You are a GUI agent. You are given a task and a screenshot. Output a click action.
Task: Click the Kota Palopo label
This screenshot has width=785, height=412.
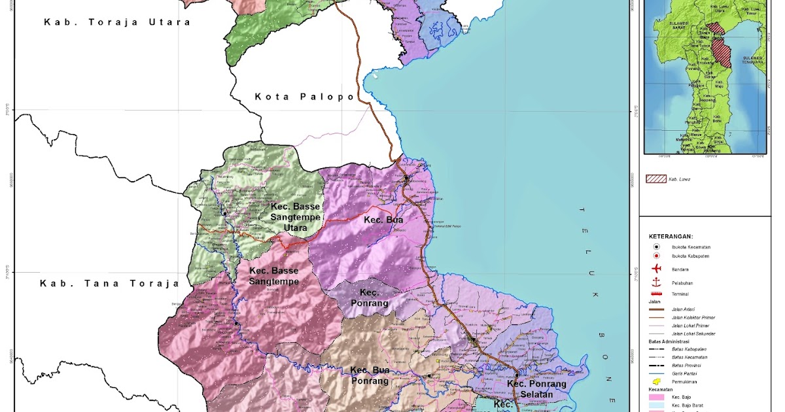click(304, 97)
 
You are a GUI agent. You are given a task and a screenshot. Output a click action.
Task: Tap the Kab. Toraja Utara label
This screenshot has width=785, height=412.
click(117, 22)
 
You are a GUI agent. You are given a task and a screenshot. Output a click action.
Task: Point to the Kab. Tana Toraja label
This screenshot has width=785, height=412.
click(109, 284)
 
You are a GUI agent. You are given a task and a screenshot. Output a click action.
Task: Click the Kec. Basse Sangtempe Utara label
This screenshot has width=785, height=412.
click(296, 216)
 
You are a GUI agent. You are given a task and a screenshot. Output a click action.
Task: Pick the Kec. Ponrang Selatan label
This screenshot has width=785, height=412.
click(536, 389)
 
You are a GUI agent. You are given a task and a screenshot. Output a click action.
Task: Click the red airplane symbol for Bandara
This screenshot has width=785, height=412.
click(655, 269)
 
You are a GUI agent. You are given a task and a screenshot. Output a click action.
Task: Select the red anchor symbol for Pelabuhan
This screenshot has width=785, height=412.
click(655, 282)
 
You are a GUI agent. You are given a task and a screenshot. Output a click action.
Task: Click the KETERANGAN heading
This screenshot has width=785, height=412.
click(671, 236)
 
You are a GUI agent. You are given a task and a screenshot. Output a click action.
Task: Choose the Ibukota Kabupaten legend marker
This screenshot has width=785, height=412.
click(655, 257)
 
